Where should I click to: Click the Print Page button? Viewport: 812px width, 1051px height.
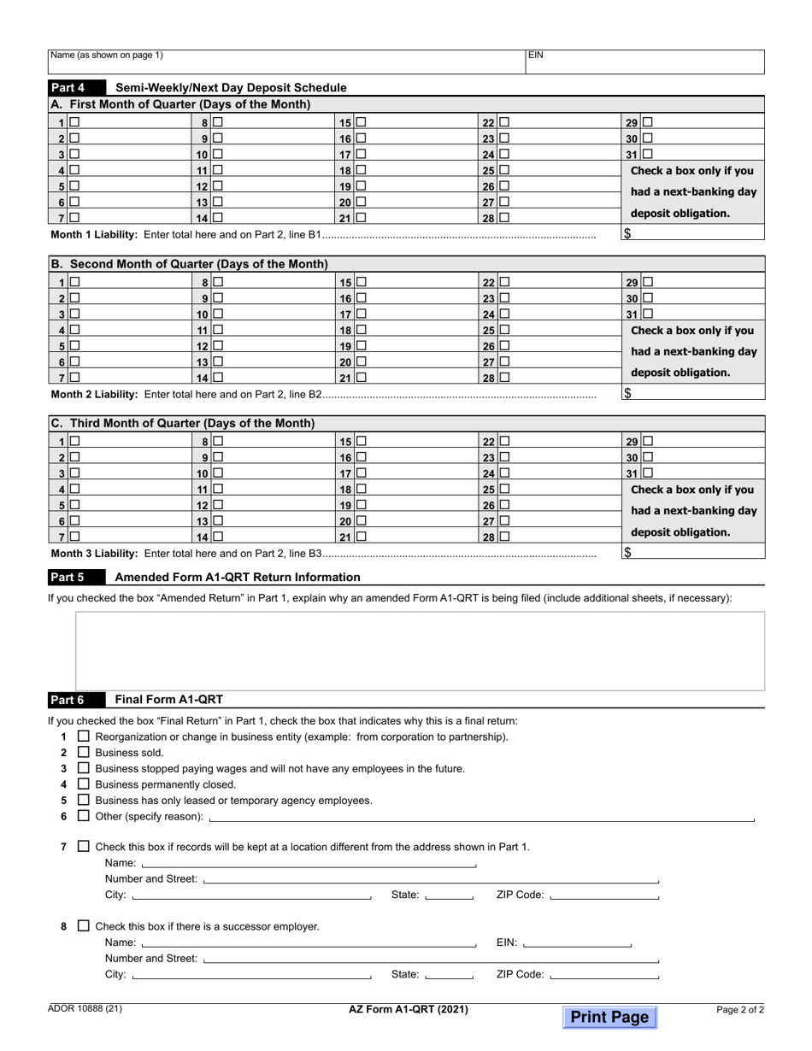coord(609,1017)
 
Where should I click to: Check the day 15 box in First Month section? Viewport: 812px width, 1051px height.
coord(361,122)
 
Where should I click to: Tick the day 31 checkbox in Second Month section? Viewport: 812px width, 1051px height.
coord(647,314)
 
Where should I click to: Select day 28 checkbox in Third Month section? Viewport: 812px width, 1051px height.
coord(504,537)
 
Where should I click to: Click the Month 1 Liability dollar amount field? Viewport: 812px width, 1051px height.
coord(693,233)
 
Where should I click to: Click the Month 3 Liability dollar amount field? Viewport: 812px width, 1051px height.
coord(693,552)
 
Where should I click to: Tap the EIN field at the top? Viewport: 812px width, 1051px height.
coord(644,62)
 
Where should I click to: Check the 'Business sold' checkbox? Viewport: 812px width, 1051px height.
coord(83,752)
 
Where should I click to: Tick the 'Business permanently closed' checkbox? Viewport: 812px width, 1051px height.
coord(83,784)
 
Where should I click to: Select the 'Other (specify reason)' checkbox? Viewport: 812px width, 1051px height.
coord(83,815)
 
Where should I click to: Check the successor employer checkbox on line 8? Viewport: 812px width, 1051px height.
coord(83,925)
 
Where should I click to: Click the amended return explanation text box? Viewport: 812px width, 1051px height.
coord(420,649)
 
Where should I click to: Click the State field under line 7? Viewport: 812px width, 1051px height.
coord(449,895)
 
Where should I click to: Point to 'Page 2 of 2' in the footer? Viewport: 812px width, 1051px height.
coord(740,1009)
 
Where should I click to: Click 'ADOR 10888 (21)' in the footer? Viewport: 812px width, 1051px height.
coord(85,1008)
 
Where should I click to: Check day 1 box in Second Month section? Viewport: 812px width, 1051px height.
coord(75,282)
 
